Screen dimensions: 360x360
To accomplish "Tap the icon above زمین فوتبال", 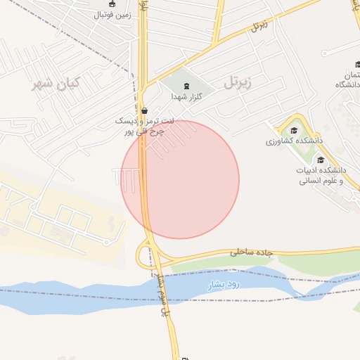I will coord(103,4).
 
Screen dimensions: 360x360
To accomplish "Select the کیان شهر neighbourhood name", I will coord(57,84).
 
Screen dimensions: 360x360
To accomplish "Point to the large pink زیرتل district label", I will coord(237,82).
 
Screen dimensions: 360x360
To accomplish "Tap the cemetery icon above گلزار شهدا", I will coord(186,86).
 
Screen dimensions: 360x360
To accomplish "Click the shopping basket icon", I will coord(145,110).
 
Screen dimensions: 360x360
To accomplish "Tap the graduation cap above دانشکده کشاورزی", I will coord(293,130).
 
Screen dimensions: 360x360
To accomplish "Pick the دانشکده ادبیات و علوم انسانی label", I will coord(321,175).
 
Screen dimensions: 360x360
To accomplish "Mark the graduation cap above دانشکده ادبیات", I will coord(321,160).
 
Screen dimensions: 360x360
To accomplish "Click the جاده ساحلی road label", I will coord(240,250).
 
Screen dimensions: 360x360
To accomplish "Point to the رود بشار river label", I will coord(224,285).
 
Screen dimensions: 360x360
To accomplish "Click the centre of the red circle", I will coord(180,179).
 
